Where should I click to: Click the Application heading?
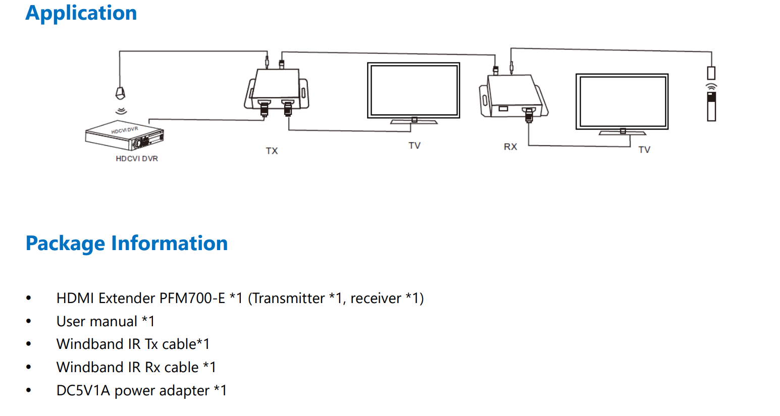(81, 13)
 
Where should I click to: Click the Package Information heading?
(127, 244)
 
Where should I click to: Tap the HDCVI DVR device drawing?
(124, 136)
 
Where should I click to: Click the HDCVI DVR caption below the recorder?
(137, 159)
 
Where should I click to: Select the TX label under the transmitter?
(272, 151)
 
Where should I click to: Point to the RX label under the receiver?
(510, 147)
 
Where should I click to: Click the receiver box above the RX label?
(512, 96)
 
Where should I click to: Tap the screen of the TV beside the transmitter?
(413, 90)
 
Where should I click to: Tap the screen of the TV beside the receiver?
(622, 101)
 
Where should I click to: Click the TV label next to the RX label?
(644, 150)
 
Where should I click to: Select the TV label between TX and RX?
(414, 146)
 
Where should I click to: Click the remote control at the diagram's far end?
(711, 105)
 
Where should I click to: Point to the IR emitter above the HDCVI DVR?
(120, 93)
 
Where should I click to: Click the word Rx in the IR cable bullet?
(153, 368)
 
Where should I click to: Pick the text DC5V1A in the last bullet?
(83, 391)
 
